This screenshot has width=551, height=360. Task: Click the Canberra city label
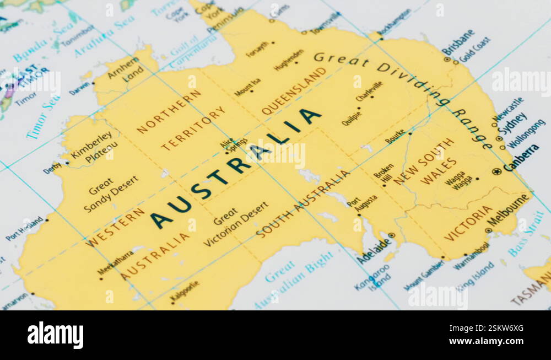[x=521, y=158]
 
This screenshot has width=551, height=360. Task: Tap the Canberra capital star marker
[x=497, y=171]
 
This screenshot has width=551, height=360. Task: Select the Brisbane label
[x=458, y=42]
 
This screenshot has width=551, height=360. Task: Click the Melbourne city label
[x=508, y=210]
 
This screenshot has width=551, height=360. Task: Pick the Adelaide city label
[x=373, y=251]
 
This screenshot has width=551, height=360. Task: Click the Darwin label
[x=79, y=88]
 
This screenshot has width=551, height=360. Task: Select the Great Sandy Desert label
[x=110, y=194]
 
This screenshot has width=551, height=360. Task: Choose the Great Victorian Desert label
[x=235, y=223]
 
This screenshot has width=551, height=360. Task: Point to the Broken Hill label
[x=385, y=173]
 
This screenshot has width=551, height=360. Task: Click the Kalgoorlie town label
[x=185, y=292]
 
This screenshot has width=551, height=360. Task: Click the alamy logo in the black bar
[x=55, y=335]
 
